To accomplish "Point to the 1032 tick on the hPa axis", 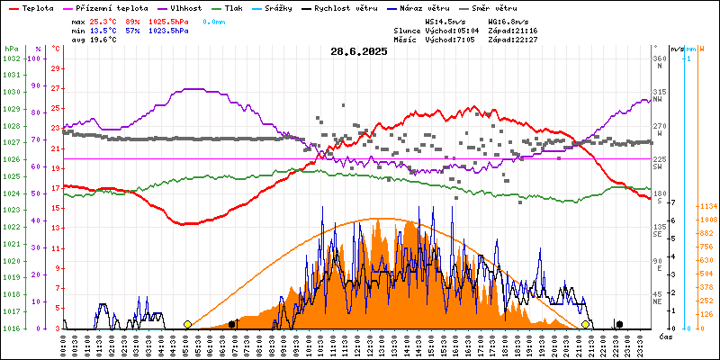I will pyautogui.click(x=11, y=58).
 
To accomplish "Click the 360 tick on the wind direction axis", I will pyautogui.click(x=659, y=58).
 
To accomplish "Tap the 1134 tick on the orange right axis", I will pyautogui.click(x=706, y=206).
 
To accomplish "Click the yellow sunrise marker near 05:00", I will pyautogui.click(x=187, y=324).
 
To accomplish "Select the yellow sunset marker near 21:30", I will pyautogui.click(x=585, y=324).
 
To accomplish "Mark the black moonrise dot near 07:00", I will pyautogui.click(x=232, y=324).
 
